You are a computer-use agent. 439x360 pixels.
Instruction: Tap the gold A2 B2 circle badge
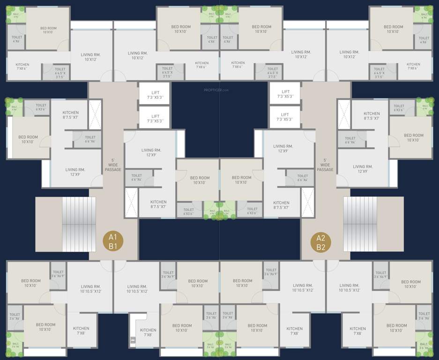click(321, 243)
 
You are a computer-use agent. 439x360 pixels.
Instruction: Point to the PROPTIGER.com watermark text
click(216, 90)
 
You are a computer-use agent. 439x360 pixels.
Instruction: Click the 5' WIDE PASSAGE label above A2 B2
click(325, 165)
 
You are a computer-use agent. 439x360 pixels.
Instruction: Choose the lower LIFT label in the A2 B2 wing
click(285, 117)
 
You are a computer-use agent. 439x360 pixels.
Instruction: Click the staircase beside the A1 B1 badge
click(79, 224)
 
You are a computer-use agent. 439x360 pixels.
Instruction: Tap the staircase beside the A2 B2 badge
click(360, 224)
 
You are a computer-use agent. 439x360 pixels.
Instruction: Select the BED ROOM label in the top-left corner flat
click(48, 30)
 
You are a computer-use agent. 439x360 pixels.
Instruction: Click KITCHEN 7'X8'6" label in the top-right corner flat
click(413, 66)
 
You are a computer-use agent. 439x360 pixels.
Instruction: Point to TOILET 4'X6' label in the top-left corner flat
click(17, 39)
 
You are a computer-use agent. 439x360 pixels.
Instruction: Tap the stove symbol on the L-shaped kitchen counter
click(133, 338)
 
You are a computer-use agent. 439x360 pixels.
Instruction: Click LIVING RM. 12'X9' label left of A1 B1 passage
click(75, 172)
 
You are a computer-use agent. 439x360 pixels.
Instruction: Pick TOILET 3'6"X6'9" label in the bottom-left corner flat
click(59, 274)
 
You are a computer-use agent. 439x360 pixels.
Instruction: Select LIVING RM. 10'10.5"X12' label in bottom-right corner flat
click(349, 288)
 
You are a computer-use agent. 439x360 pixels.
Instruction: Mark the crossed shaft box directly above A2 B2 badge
click(307, 202)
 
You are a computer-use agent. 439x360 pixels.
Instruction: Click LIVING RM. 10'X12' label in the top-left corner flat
click(91, 57)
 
